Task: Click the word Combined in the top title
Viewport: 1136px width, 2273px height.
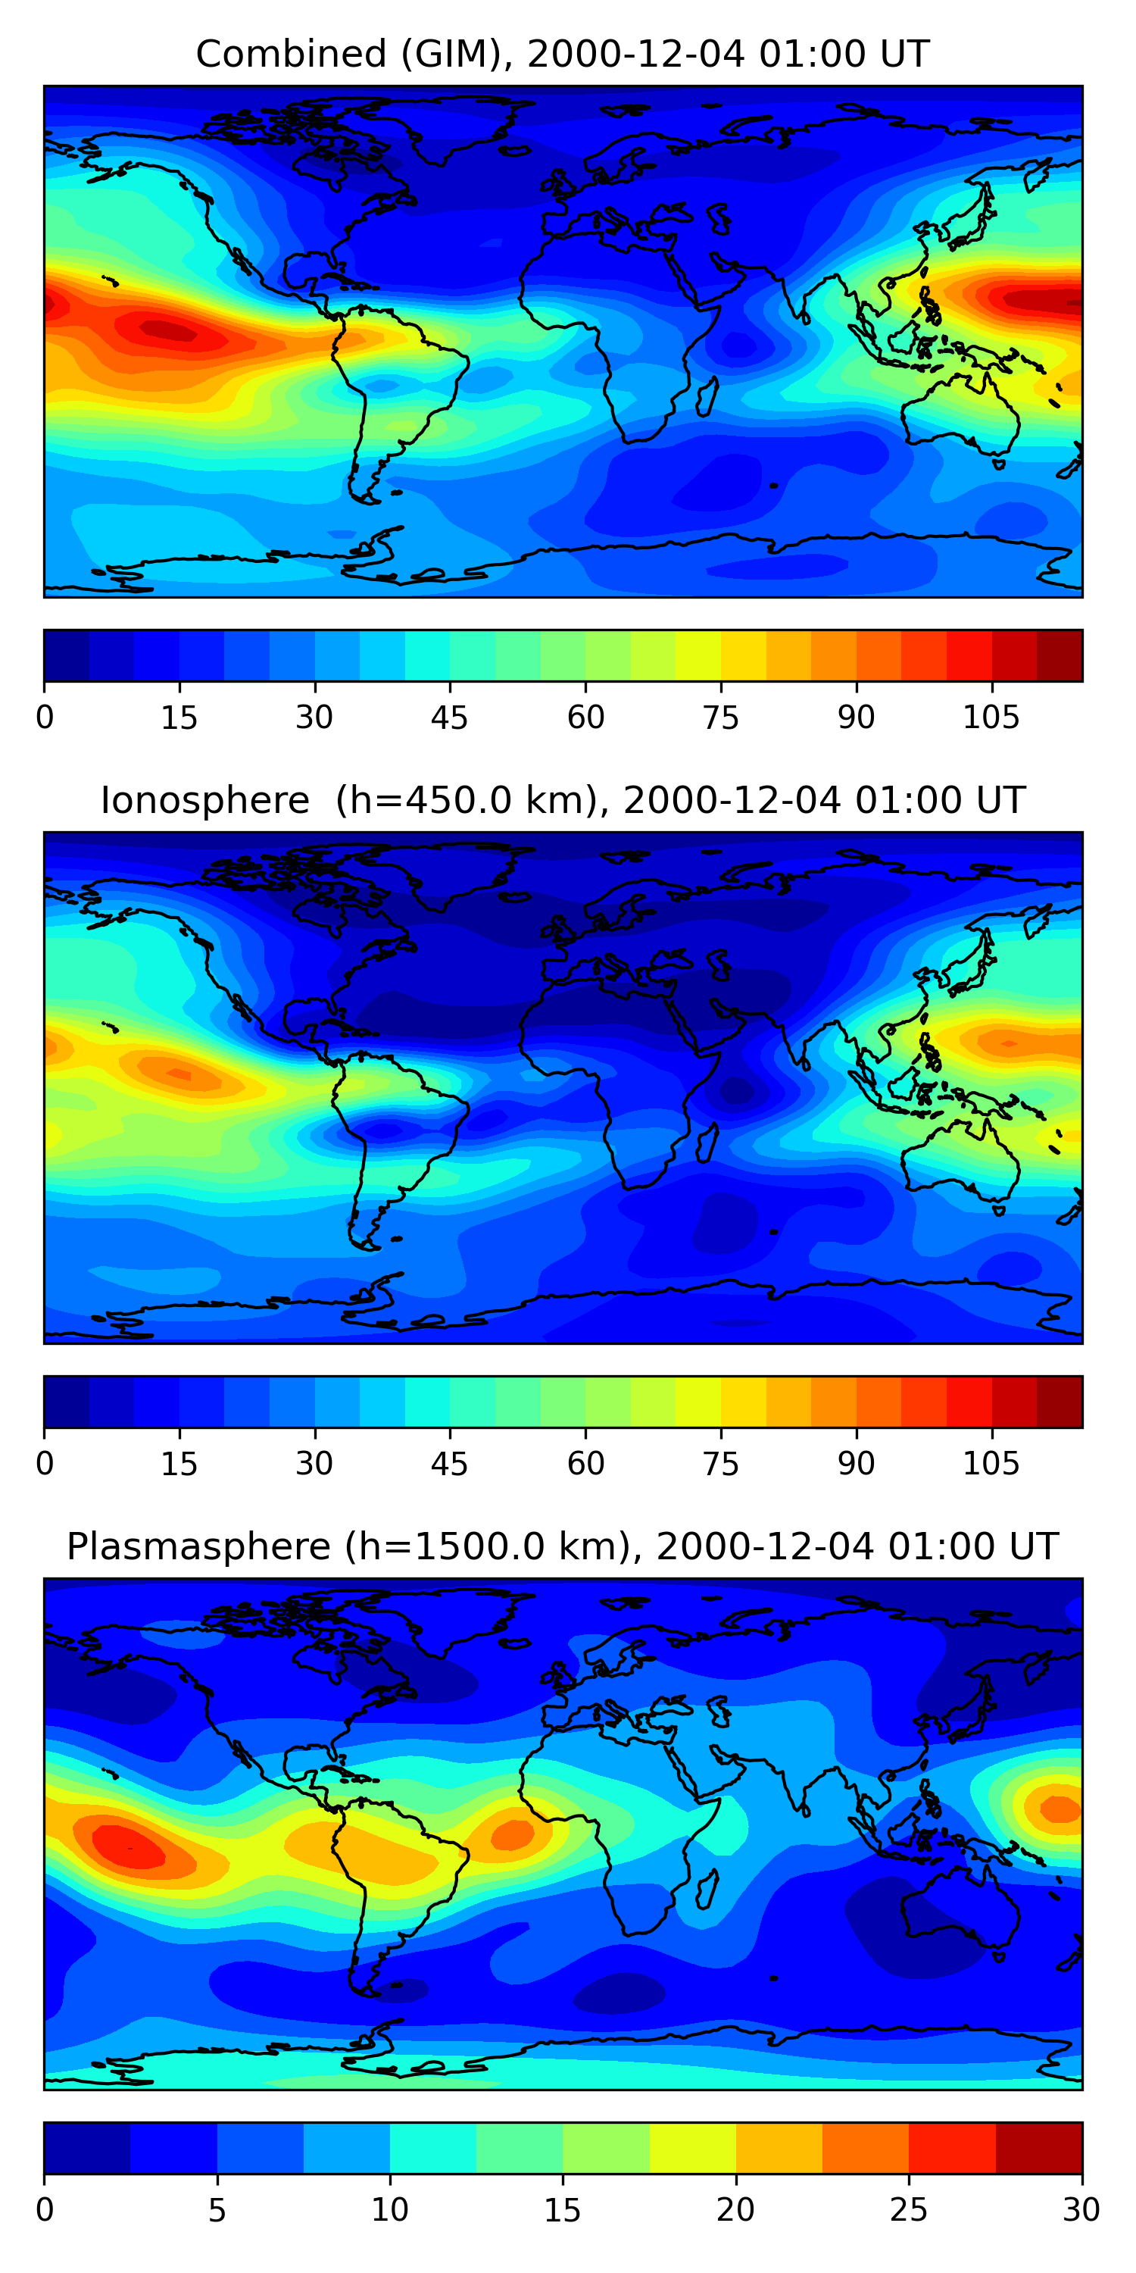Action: tap(290, 54)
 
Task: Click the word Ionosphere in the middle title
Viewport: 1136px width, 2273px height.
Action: tap(204, 800)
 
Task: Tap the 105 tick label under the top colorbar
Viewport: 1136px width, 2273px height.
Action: tap(991, 718)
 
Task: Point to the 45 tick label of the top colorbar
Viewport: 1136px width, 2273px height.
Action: tap(449, 718)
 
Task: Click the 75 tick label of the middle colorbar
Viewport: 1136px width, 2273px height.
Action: tap(720, 1463)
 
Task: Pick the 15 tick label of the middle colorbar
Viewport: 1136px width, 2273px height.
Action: tap(179, 1463)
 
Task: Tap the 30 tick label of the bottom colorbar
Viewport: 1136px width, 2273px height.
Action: tap(1081, 2209)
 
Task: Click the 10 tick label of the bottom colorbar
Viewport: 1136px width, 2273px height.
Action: tap(389, 2209)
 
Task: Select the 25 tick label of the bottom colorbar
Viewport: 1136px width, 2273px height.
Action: tap(907, 2209)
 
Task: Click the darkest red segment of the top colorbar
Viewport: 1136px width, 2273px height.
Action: tap(1060, 655)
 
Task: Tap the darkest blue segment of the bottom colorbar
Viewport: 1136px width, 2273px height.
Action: tap(86, 2148)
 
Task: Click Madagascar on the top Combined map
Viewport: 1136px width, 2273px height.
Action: tap(707, 397)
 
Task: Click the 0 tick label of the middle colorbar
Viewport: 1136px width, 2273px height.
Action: tap(45, 1463)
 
